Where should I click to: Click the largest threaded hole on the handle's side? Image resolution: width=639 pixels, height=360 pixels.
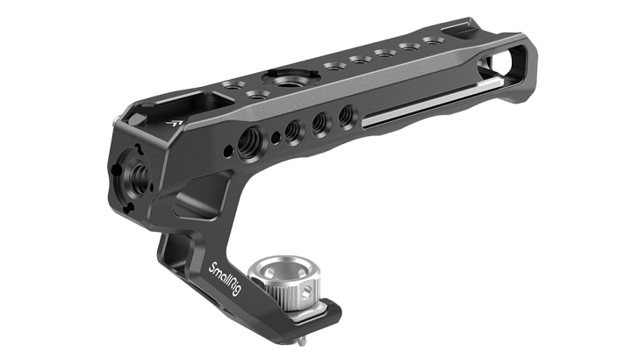coord(250,135)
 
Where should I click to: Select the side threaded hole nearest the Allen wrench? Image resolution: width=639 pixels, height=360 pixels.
coord(348,112)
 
